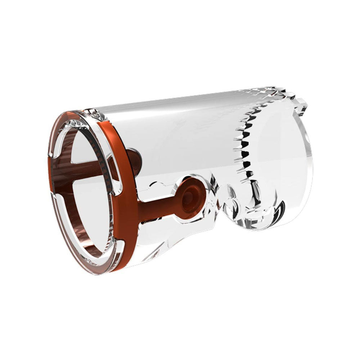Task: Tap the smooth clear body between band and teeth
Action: click(180, 137)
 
